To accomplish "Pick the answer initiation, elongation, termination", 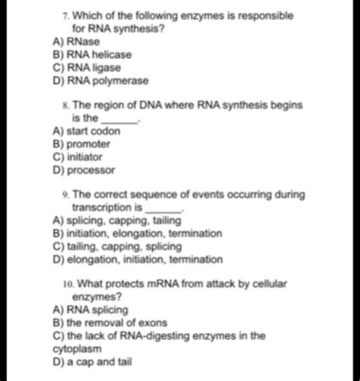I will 137,234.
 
